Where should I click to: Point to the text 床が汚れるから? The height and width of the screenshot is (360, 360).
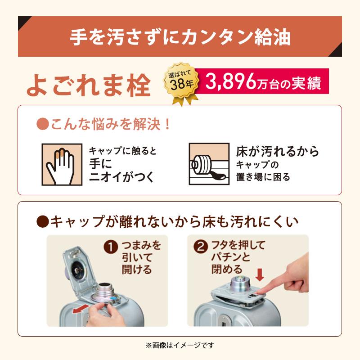278,151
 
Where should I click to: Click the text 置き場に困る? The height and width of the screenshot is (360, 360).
263,177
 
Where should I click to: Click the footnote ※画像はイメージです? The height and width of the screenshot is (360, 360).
180,346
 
